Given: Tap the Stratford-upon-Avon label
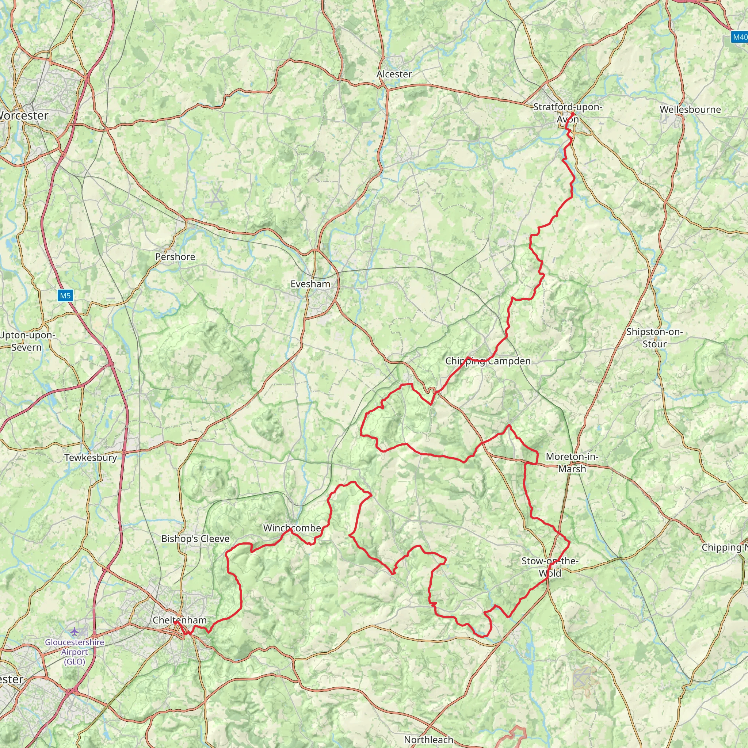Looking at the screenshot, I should pyautogui.click(x=568, y=112).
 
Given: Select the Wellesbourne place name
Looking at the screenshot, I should pyautogui.click(x=690, y=110).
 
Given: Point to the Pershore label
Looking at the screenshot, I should pyautogui.click(x=175, y=257).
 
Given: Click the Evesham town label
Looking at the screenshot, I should pyautogui.click(x=310, y=284).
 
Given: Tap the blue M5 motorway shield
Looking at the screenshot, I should pyautogui.click(x=65, y=296).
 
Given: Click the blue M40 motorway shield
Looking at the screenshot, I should pyautogui.click(x=740, y=37).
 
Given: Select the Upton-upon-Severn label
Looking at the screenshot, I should pyautogui.click(x=27, y=341).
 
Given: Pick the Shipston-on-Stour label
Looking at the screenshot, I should pyautogui.click(x=654, y=337).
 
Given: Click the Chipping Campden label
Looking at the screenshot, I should pyautogui.click(x=488, y=361).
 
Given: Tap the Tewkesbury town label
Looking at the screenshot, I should pyautogui.click(x=91, y=457).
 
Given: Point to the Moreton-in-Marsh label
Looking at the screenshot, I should pyautogui.click(x=572, y=463).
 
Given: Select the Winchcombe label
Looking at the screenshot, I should pyautogui.click(x=292, y=528).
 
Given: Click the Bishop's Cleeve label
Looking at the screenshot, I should pyautogui.click(x=195, y=539).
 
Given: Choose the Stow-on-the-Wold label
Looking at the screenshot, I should pyautogui.click(x=550, y=567).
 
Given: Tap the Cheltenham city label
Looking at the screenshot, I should pyautogui.click(x=180, y=620).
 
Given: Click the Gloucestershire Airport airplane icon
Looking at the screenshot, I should pyautogui.click(x=75, y=632).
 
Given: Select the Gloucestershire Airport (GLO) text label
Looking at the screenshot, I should pyautogui.click(x=75, y=652).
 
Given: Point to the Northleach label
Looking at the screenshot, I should pyautogui.click(x=428, y=740).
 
